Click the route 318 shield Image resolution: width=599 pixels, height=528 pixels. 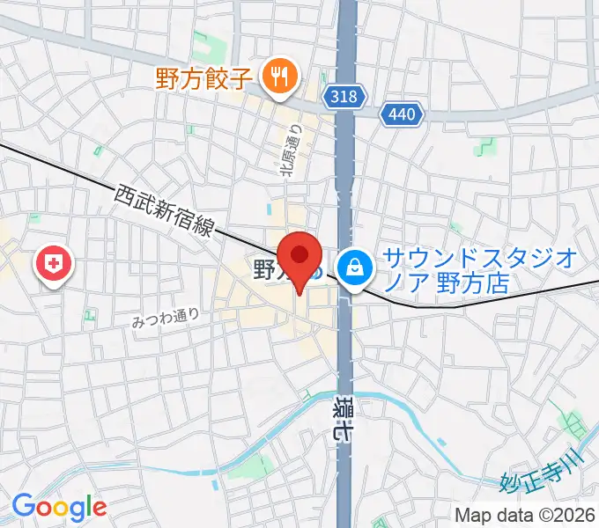[x=344, y=97]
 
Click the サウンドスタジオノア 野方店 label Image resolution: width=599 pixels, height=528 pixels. [x=479, y=271]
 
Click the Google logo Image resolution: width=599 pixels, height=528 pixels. [x=59, y=507]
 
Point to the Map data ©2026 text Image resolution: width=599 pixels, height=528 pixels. [x=525, y=514]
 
